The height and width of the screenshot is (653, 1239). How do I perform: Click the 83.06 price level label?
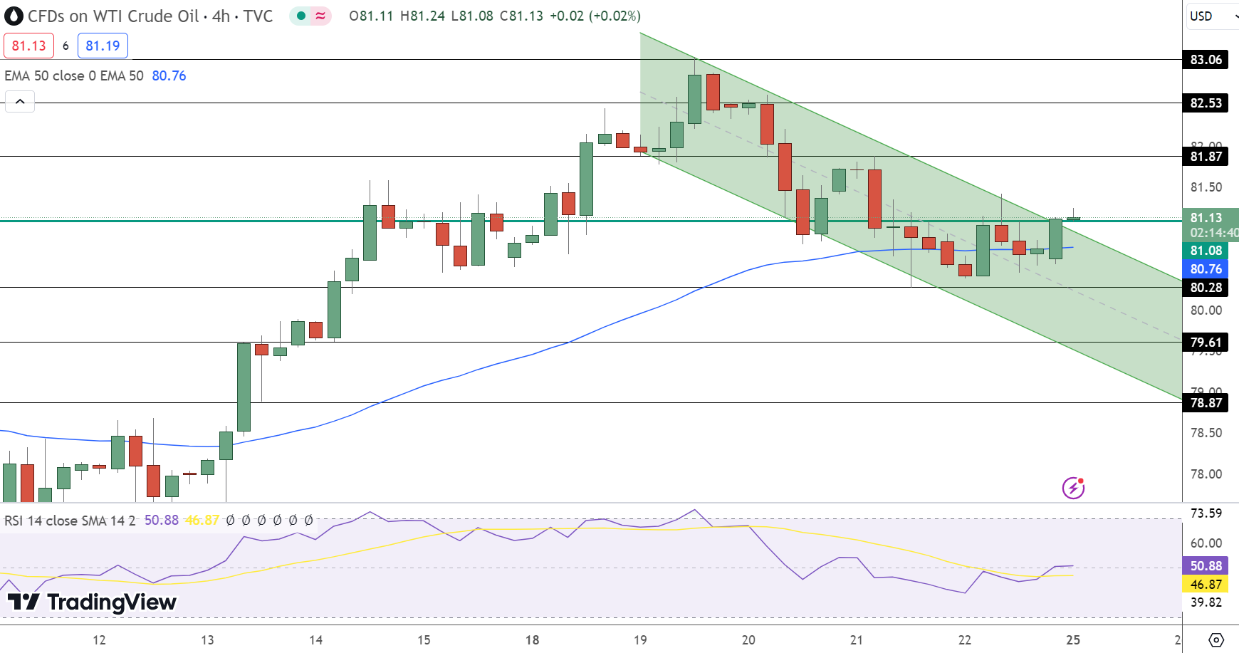(x=1206, y=60)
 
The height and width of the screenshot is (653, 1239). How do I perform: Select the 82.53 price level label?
(x=1206, y=103)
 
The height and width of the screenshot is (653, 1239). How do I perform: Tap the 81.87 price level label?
(x=1206, y=157)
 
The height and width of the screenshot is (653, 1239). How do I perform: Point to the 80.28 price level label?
(x=1206, y=288)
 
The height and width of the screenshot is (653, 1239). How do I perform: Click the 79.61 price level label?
(x=1206, y=343)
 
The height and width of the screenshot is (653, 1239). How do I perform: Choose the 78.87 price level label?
(x=1206, y=403)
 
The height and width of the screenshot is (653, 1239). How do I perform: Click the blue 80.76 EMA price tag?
(x=1206, y=269)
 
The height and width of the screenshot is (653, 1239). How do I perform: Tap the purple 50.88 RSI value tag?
(x=1206, y=566)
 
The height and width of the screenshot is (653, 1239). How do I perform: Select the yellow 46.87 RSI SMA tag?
(x=1206, y=585)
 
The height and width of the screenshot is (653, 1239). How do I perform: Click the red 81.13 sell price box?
(x=28, y=46)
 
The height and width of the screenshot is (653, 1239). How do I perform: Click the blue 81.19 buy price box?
(x=103, y=46)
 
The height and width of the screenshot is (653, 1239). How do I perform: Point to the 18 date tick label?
(x=532, y=639)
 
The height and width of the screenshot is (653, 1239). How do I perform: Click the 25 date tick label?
(x=1072, y=639)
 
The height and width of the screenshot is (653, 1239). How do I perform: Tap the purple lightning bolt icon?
(x=1073, y=488)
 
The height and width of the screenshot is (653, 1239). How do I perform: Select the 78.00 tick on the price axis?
(x=1206, y=474)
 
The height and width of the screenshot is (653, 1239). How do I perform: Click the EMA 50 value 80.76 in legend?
(x=169, y=75)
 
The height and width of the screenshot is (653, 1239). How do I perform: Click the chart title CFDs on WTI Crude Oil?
(x=113, y=16)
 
